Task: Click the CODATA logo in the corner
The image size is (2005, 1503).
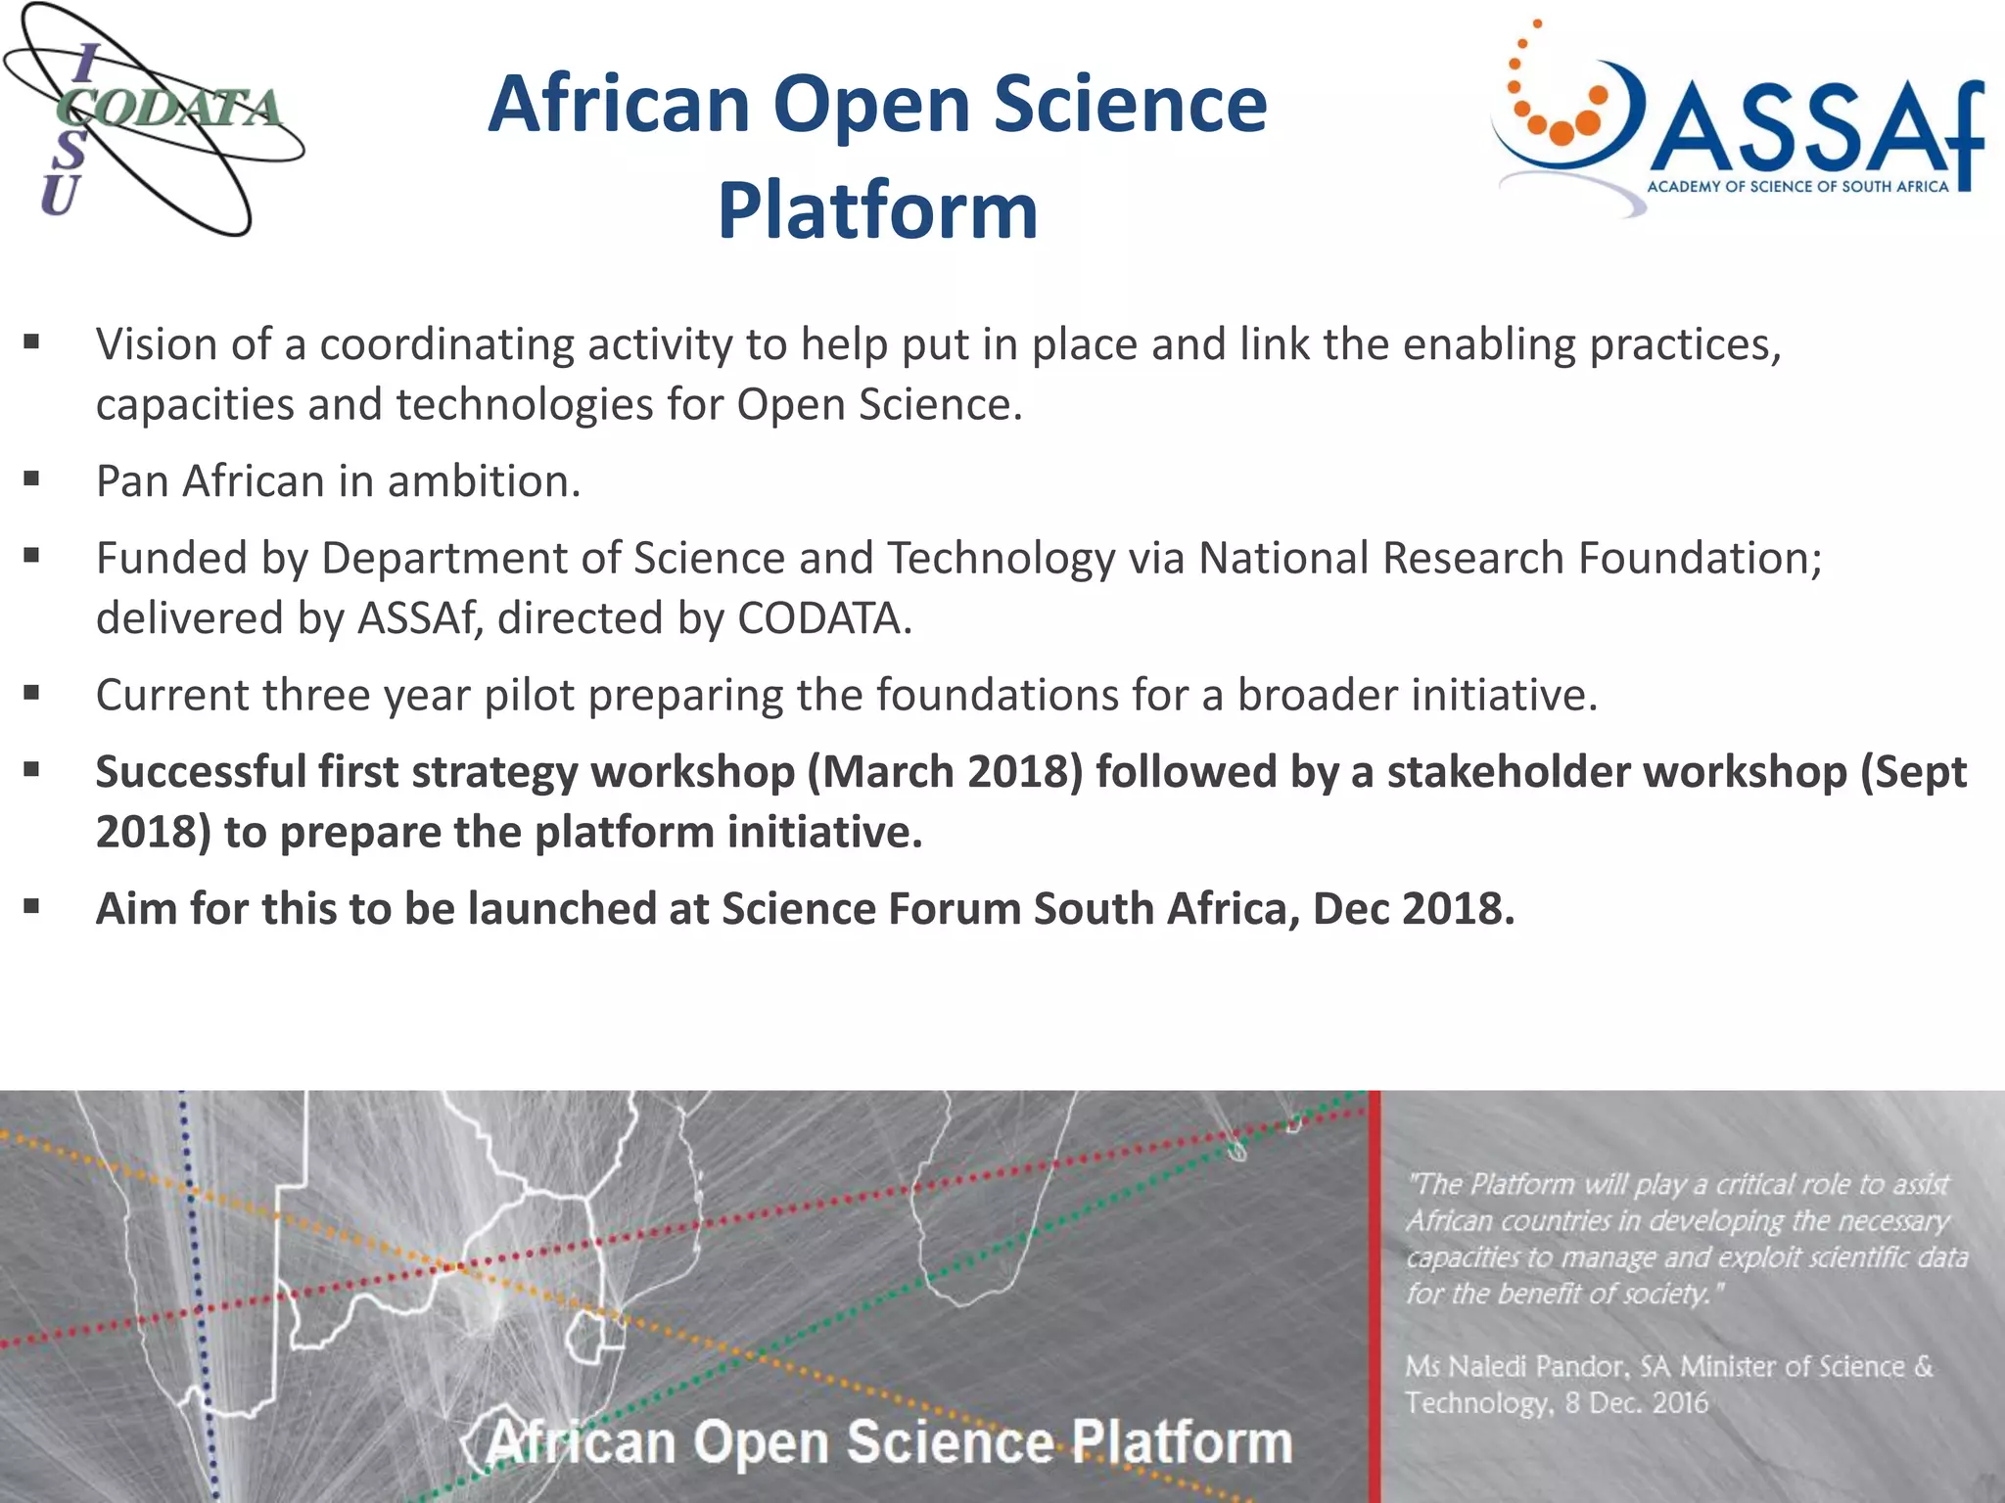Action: coord(154,119)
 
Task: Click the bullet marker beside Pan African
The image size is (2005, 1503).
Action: coord(32,479)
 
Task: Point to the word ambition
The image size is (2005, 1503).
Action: coord(484,481)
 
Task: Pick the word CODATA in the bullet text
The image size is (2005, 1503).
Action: coord(823,618)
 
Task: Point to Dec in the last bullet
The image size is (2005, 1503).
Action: coord(1350,909)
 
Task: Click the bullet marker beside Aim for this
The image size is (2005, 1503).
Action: coord(32,907)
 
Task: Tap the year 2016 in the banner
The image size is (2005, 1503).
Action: coord(1679,1403)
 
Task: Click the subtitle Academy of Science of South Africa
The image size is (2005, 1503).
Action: coord(1797,187)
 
